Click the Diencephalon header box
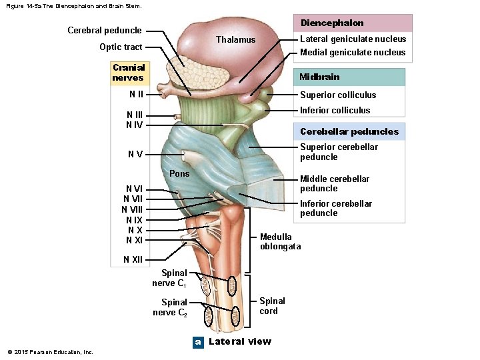pyautogui.click(x=351, y=23)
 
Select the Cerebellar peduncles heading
pyautogui.click(x=349, y=131)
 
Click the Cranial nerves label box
pyautogui.click(x=129, y=73)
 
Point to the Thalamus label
pyautogui.click(x=235, y=39)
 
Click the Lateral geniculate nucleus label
pyautogui.click(x=353, y=39)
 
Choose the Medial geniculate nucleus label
pyautogui.click(x=353, y=52)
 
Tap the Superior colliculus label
pyautogui.click(x=338, y=95)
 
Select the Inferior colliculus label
pyautogui.click(x=335, y=110)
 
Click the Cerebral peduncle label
pyautogui.click(x=105, y=30)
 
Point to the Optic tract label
pyautogui.click(x=121, y=47)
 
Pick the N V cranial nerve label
pyautogui.click(x=135, y=155)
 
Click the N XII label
pyautogui.click(x=133, y=259)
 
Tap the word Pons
pyautogui.click(x=179, y=173)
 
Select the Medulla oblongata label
pyautogui.click(x=280, y=241)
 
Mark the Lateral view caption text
pyautogui.click(x=240, y=341)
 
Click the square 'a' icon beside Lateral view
pyautogui.click(x=197, y=342)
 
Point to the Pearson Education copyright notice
pyautogui.click(x=50, y=352)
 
